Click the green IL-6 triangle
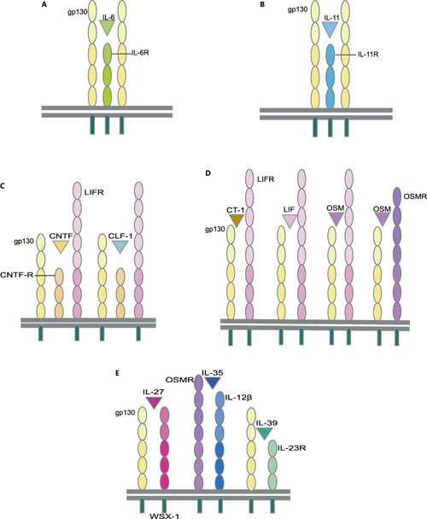106,28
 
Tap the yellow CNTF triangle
61,246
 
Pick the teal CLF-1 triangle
120,246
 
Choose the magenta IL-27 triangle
154,401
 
